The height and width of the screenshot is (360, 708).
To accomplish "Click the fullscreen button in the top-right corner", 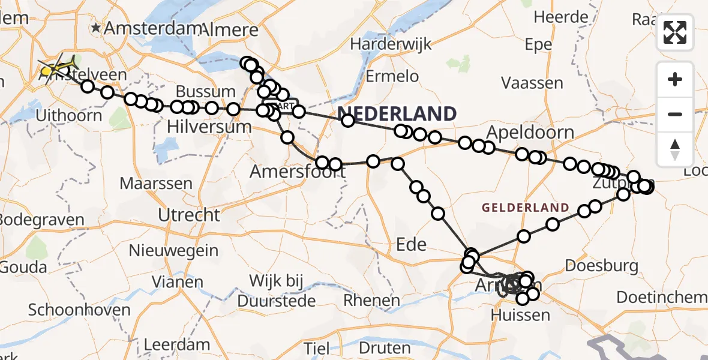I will tap(675, 32).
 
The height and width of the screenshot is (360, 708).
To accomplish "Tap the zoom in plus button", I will tap(675, 80).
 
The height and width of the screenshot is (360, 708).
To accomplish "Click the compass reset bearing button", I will tap(675, 149).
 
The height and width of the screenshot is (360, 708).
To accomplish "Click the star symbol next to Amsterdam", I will tap(95, 28).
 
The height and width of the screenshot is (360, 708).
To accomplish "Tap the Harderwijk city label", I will tap(386, 44).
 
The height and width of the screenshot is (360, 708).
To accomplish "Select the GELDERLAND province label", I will tap(525, 208).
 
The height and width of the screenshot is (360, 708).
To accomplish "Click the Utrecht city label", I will tap(189, 214).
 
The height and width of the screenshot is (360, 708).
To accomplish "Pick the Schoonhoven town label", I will tap(79, 310).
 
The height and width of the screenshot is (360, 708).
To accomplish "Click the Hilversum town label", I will tap(209, 127).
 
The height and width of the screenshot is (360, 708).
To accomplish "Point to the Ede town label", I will tap(412, 244).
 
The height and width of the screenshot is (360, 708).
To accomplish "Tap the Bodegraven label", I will tap(41, 220).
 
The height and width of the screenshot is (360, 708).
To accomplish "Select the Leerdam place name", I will tap(178, 344).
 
